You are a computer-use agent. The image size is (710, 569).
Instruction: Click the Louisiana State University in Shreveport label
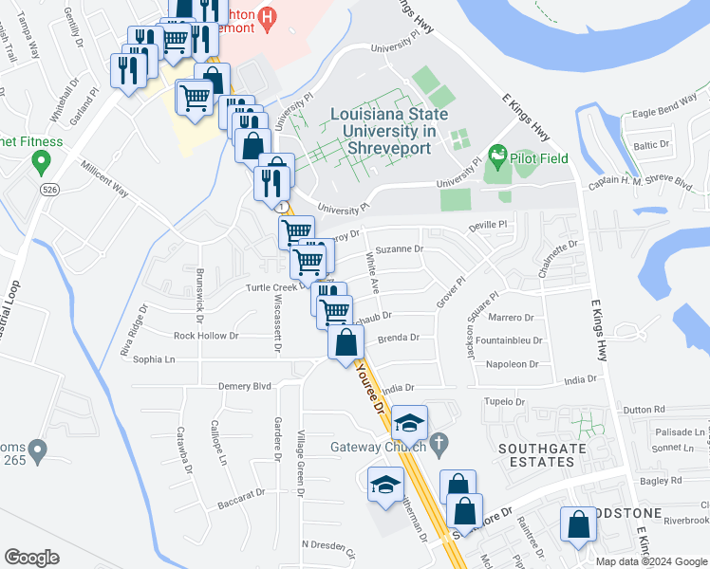[383, 132]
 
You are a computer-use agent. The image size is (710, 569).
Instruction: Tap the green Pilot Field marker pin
[495, 155]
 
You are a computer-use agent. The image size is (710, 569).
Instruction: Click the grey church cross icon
[439, 442]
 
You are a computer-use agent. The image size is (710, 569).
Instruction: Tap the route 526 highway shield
[49, 190]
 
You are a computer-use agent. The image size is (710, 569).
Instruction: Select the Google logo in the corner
[30, 558]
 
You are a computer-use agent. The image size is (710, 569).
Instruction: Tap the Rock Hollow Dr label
[206, 335]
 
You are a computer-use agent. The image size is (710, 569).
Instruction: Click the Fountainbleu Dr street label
[510, 340]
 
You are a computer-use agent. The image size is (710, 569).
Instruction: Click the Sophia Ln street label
[155, 359]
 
